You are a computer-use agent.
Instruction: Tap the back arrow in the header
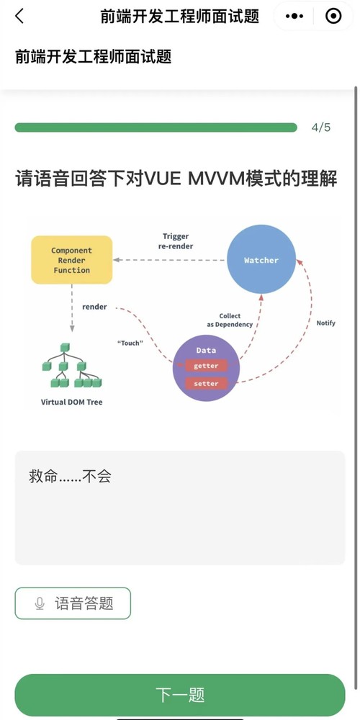click(x=19, y=16)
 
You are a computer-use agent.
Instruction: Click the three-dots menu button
click(x=294, y=16)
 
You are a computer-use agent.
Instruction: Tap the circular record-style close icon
click(x=333, y=16)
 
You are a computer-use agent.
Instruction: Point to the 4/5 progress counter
click(x=321, y=127)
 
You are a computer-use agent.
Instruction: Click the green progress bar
click(x=156, y=127)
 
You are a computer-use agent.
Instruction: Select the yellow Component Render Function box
click(x=71, y=260)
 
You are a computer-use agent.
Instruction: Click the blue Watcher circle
click(x=261, y=260)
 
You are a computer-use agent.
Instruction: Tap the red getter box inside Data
click(x=206, y=366)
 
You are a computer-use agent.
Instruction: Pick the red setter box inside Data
click(x=206, y=384)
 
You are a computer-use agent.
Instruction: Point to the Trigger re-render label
click(x=176, y=241)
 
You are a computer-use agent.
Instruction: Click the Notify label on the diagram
click(x=326, y=323)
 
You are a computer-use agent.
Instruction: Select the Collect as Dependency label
click(x=230, y=320)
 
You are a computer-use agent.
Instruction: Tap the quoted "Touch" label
click(x=130, y=343)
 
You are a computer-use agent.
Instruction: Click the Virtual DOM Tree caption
click(x=71, y=402)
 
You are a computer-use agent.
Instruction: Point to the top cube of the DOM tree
click(x=65, y=348)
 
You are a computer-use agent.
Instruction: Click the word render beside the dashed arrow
click(x=94, y=307)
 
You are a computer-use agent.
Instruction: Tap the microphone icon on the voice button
click(x=40, y=603)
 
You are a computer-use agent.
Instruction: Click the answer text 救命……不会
click(x=71, y=477)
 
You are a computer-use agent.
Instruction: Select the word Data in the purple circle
click(x=206, y=351)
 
